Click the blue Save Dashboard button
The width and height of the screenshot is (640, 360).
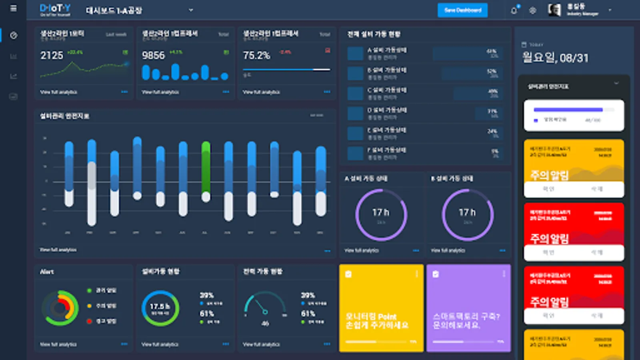tap(462, 10)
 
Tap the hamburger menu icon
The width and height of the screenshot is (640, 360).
tap(13, 8)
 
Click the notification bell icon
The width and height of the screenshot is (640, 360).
tap(514, 10)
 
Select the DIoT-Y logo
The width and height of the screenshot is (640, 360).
tap(55, 10)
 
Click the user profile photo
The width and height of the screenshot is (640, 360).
tap(554, 10)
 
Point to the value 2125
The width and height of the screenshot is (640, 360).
tap(52, 55)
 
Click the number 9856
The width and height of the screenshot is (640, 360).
tap(153, 55)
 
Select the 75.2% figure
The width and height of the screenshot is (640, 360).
tap(256, 55)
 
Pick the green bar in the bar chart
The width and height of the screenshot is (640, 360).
tap(206, 168)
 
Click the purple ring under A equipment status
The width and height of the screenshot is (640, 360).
tap(381, 215)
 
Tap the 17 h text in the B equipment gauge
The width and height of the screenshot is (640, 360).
tap(467, 212)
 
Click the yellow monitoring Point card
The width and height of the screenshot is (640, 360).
tap(381, 308)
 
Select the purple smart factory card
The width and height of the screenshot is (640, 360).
tap(468, 308)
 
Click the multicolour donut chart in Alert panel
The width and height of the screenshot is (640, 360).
tap(60, 308)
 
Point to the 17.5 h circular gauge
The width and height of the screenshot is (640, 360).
tap(160, 308)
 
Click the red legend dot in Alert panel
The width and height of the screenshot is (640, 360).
tap(89, 321)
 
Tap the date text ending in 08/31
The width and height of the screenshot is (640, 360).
tap(555, 58)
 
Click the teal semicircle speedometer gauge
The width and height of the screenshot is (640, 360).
tap(265, 306)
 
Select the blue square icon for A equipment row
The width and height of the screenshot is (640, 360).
tap(355, 54)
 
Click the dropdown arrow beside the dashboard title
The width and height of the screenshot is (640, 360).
tap(191, 10)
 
